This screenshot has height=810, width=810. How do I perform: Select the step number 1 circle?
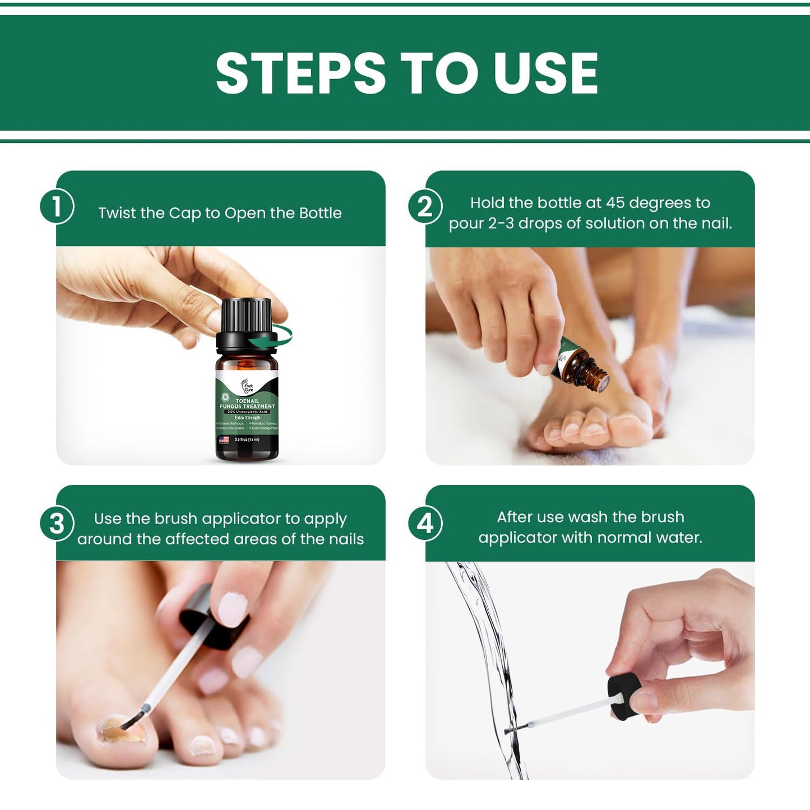tap(57, 207)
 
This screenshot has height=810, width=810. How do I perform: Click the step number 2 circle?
tap(425, 207)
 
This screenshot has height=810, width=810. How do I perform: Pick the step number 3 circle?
tap(57, 524)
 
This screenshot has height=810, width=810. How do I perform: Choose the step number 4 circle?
tap(425, 524)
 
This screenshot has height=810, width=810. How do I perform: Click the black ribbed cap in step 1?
tap(246, 315)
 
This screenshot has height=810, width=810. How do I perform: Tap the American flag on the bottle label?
tap(224, 439)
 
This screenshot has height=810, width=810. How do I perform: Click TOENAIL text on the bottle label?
tap(247, 401)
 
